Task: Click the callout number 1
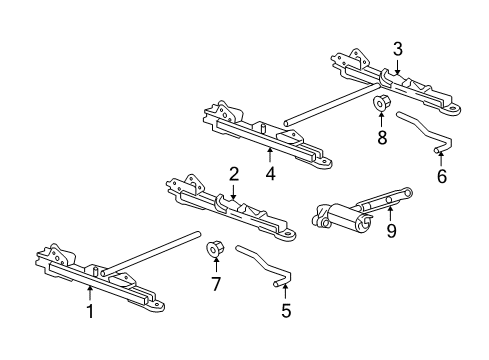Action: (x=90, y=311)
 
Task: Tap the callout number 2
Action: (x=234, y=174)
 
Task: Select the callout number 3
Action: (x=397, y=49)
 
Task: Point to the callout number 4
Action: (x=270, y=174)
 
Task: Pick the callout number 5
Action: (x=286, y=311)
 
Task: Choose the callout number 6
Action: (x=442, y=176)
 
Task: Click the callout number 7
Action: (x=216, y=284)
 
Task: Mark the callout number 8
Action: (x=382, y=137)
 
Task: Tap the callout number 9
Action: (x=391, y=230)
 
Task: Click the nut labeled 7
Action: (x=212, y=249)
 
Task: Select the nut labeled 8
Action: (x=379, y=103)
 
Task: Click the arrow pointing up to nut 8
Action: (x=381, y=120)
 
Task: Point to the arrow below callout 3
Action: (x=397, y=65)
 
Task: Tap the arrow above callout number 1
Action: (x=90, y=294)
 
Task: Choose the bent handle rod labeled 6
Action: (x=425, y=132)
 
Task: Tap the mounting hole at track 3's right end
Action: (x=453, y=109)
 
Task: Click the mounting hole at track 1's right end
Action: (x=157, y=305)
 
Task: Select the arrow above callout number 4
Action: (x=270, y=156)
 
